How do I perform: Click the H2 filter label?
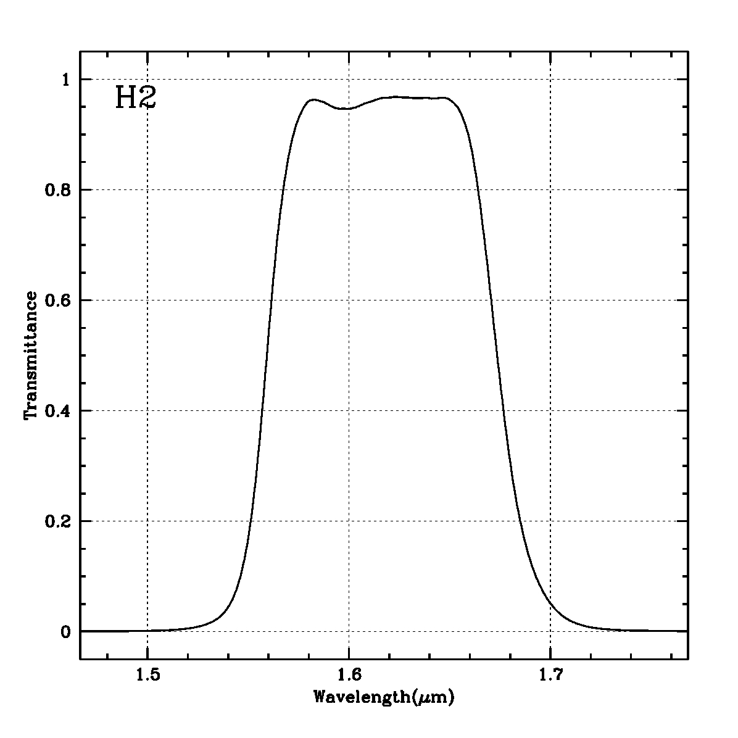(135, 98)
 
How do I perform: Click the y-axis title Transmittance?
(30, 355)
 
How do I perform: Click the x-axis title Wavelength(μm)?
(384, 698)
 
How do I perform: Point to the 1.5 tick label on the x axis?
(147, 675)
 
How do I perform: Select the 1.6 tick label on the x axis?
(349, 675)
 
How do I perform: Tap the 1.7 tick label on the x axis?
(550, 675)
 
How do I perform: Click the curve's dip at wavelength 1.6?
(347, 109)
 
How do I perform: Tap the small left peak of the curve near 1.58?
(313, 99)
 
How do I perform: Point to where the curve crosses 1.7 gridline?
(550, 605)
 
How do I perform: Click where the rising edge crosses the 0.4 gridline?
(262, 410)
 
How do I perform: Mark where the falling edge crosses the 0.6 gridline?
(492, 300)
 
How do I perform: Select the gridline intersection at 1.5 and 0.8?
(147, 189)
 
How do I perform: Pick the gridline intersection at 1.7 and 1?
(550, 79)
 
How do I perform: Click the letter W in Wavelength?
(320, 698)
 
